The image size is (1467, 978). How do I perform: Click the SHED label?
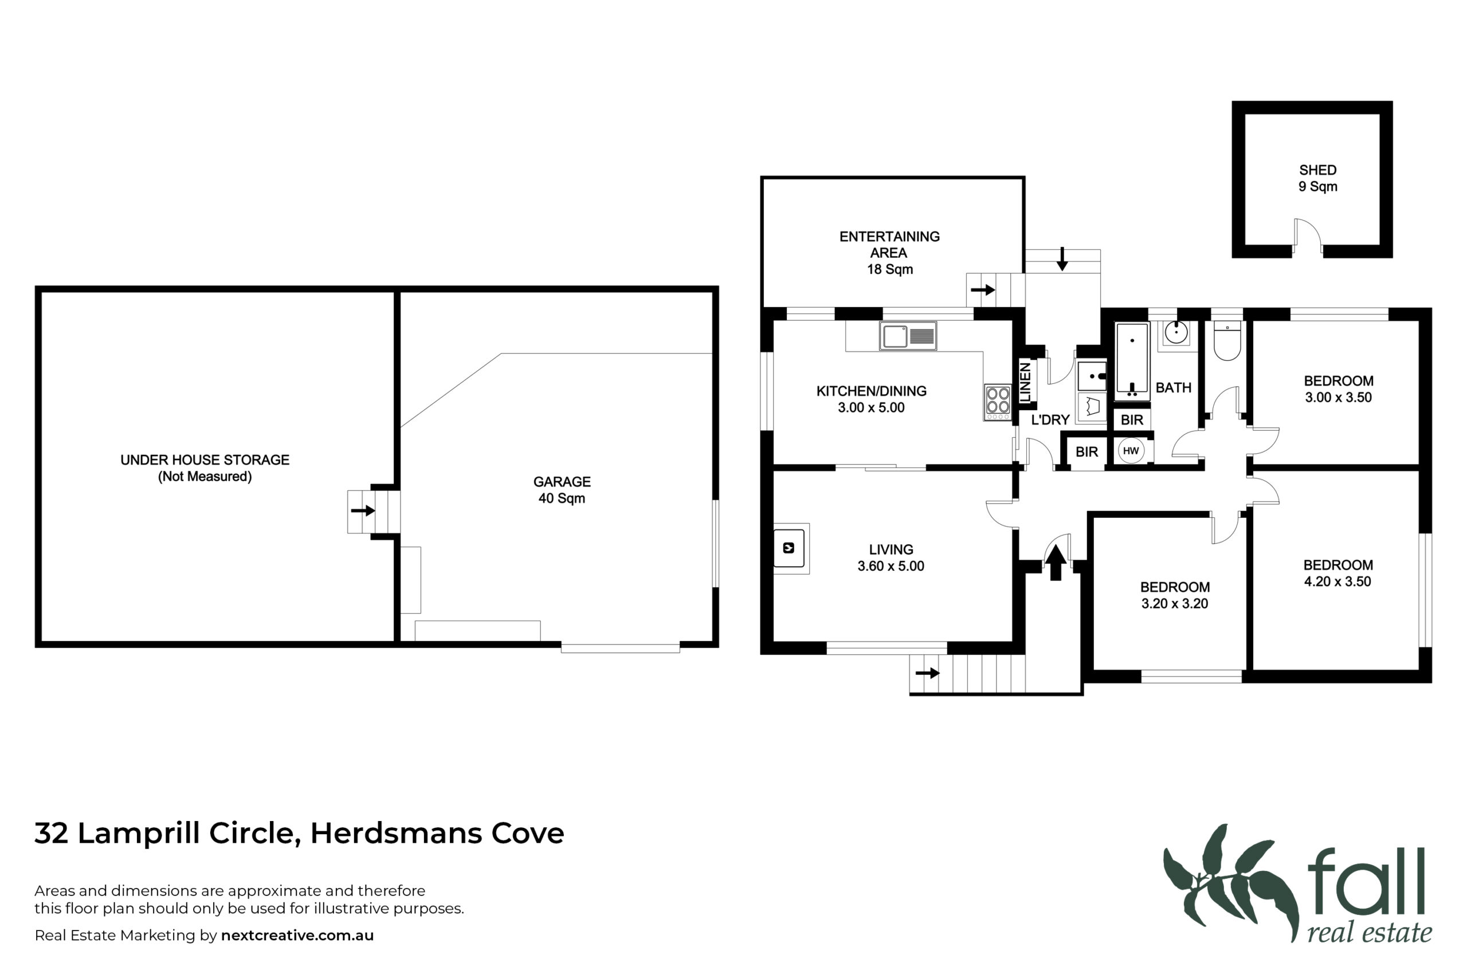1317,170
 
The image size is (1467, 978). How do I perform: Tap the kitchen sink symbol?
908,336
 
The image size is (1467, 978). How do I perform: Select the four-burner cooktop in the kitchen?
998,402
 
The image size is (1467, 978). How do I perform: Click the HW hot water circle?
1131,450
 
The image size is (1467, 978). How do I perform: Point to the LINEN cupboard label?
1025,382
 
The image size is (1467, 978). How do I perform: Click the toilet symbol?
1227,341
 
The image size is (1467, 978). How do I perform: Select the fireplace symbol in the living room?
789,548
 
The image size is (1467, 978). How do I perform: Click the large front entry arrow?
1056,562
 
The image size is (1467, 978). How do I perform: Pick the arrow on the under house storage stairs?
362,511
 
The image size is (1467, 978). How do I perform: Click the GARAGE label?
562,481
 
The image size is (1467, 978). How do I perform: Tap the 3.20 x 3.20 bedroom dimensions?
1175,604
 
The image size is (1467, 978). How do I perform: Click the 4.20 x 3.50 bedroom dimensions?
1337,582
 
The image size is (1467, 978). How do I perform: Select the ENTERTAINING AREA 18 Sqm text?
889,253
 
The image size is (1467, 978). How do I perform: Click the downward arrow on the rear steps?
1062,259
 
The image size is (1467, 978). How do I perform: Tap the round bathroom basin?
1176,332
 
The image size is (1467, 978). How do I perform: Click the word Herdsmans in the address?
396,833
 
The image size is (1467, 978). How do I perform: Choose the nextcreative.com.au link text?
297,935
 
